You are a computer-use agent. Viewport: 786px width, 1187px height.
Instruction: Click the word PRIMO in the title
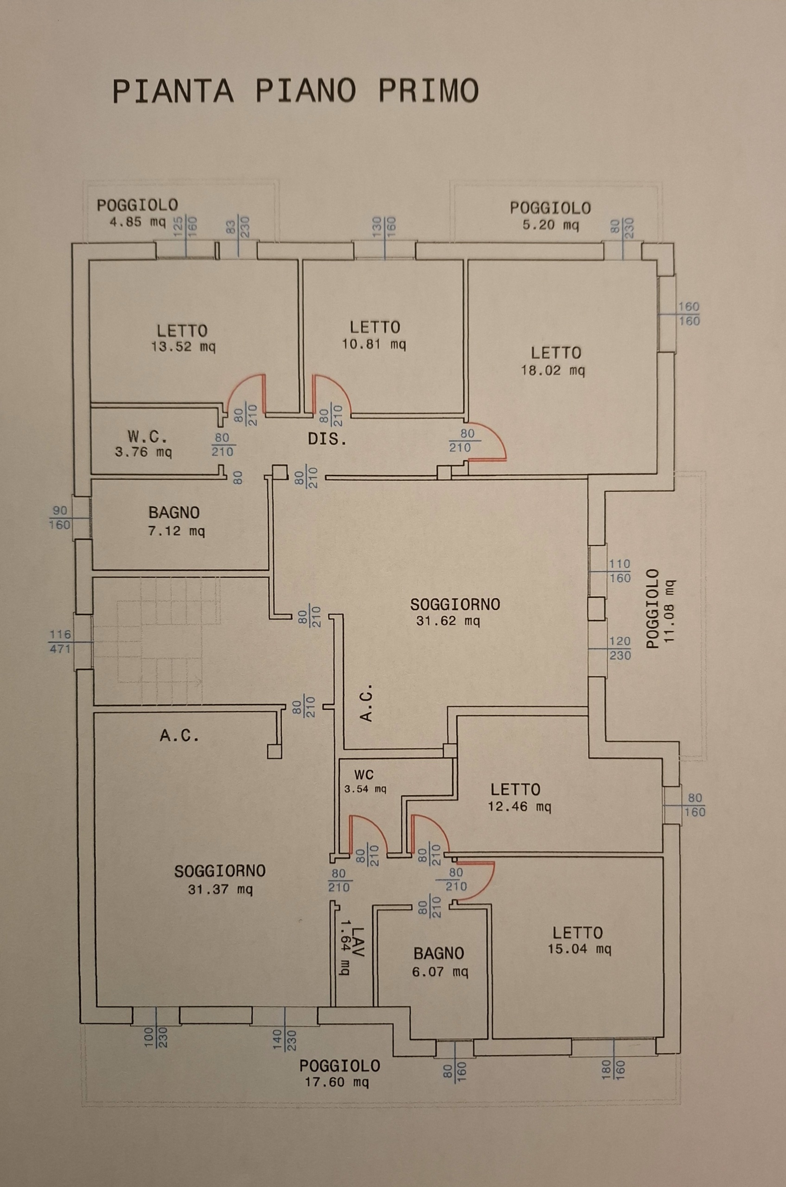tap(428, 91)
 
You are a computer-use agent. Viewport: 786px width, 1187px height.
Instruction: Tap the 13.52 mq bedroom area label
tap(183, 347)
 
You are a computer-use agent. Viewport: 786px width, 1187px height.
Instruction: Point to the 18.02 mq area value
tap(553, 370)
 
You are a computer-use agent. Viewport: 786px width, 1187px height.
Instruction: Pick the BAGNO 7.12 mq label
tap(176, 522)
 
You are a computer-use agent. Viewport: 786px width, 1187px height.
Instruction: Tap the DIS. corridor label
tap(327, 440)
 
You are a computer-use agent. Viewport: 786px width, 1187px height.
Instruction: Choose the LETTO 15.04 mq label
tap(579, 941)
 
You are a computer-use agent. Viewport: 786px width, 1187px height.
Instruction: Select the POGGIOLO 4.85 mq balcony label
tap(137, 214)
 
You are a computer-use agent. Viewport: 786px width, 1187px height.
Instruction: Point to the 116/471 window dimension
tap(60, 642)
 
